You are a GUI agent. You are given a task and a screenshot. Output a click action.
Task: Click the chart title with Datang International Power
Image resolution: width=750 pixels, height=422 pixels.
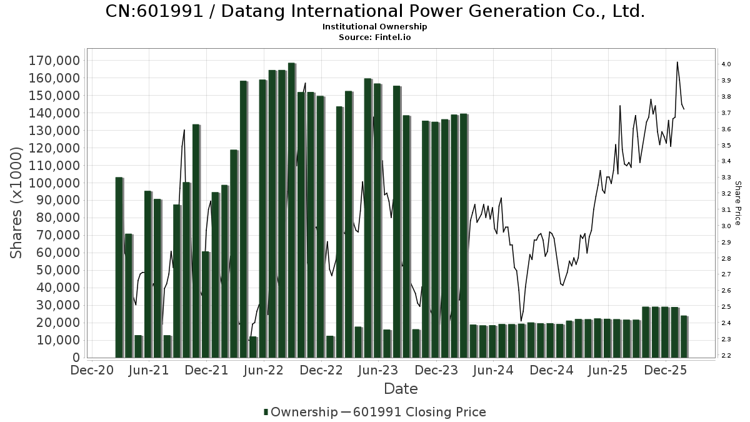[375, 11]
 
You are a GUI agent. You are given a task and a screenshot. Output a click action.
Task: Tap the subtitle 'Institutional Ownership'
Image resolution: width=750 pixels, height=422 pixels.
[375, 27]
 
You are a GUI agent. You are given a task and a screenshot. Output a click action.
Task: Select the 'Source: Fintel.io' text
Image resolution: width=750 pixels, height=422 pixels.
[375, 38]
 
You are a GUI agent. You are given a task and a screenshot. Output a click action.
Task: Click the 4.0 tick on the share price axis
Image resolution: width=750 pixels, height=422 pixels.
[726, 64]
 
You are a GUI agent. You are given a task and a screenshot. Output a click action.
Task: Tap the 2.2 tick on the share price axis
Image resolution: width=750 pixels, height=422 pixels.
[726, 356]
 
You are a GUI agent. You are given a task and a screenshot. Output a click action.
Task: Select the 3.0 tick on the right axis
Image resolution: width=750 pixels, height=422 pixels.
[726, 226]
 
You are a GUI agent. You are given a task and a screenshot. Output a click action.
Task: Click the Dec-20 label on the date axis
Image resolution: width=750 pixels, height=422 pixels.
[92, 370]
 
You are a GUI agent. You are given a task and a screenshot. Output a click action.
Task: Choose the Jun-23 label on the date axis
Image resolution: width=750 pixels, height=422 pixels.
[377, 370]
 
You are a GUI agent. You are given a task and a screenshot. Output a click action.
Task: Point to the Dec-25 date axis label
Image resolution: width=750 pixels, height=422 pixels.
[666, 370]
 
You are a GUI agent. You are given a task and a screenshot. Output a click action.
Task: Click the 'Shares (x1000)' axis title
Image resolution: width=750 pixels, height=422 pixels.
[17, 203]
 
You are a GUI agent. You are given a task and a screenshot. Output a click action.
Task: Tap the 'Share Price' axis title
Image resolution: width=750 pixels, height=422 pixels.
[738, 203]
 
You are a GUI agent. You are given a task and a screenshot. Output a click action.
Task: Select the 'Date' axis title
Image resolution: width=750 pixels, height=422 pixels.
[401, 389]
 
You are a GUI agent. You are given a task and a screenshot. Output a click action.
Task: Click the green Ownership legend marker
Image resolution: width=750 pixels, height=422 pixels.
[266, 412]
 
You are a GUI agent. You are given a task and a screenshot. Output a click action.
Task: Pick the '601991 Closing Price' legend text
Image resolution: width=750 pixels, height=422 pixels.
[419, 412]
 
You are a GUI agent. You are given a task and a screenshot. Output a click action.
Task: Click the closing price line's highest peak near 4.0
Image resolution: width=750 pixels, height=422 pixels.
[677, 62]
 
